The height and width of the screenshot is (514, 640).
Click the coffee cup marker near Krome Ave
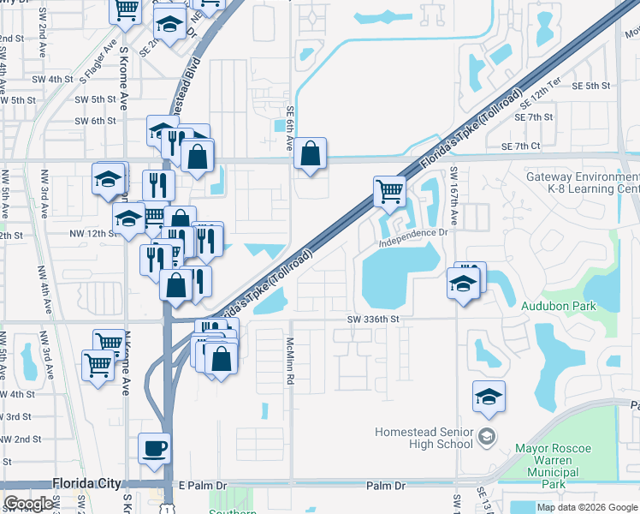click(x=154, y=449)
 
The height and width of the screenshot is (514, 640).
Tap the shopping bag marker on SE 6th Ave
click(x=310, y=155)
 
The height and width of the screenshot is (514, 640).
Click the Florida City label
click(x=86, y=484)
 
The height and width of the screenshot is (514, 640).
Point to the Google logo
click(x=28, y=504)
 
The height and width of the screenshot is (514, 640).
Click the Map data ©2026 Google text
click(x=586, y=507)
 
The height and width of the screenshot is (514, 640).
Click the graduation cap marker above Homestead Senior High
click(x=489, y=396)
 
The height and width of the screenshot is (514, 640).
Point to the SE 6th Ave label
click(x=290, y=125)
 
